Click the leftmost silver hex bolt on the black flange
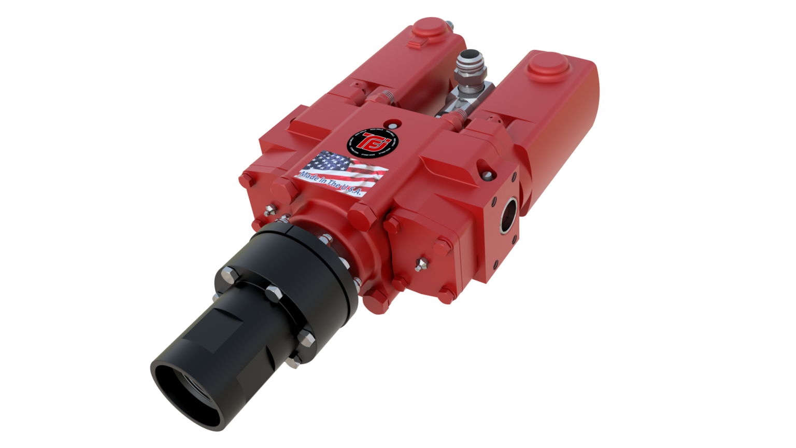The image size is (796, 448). click(228, 274)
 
